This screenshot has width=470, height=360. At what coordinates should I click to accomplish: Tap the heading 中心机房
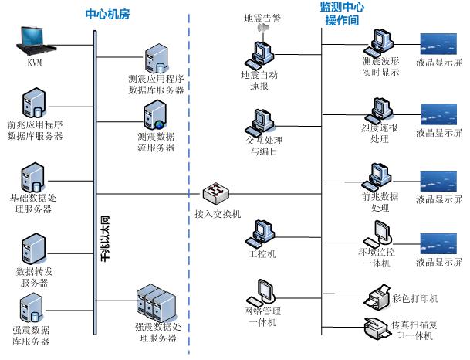pos(108,14)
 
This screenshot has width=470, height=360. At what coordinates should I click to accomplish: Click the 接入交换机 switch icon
pos(213,193)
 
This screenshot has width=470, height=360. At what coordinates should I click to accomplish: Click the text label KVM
pos(34,63)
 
